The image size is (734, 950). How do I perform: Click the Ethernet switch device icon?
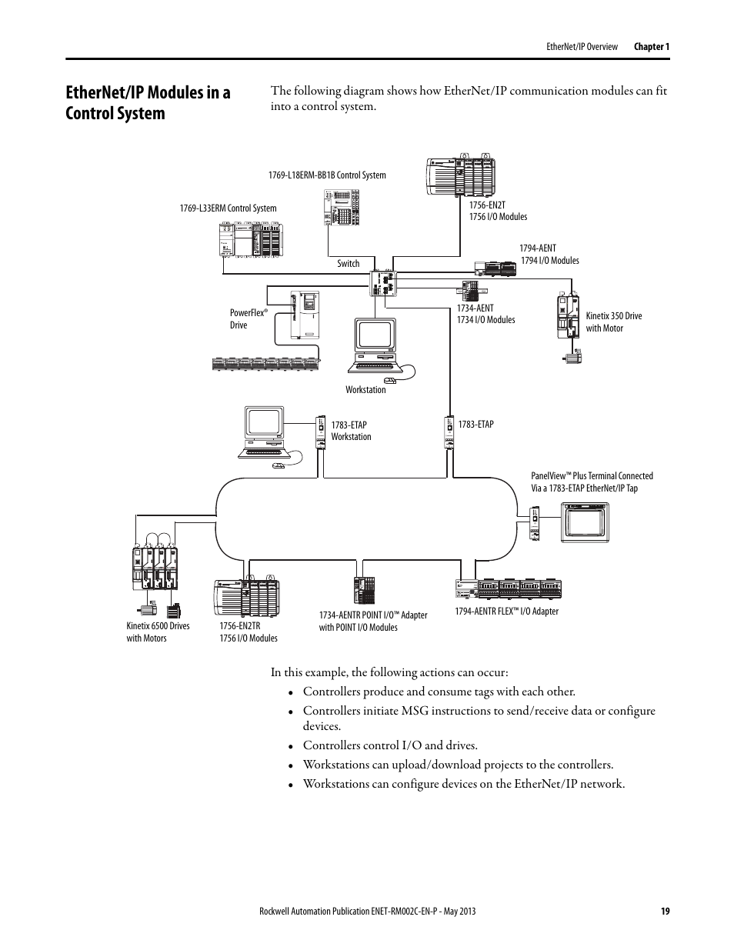(x=383, y=282)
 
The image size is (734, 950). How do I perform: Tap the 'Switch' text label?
(x=349, y=264)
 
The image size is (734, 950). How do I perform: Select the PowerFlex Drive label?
(x=248, y=319)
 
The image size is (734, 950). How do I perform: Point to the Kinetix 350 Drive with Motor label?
(x=613, y=322)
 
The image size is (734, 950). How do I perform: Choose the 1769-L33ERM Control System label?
(x=228, y=208)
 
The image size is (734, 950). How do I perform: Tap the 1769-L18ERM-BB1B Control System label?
(x=327, y=175)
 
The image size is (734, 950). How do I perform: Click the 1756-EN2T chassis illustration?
(x=460, y=178)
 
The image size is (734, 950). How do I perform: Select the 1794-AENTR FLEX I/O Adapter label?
(x=506, y=612)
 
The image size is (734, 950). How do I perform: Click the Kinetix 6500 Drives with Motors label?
(x=158, y=632)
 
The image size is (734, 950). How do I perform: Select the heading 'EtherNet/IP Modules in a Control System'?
(x=148, y=103)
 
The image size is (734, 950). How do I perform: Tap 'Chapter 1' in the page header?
(x=652, y=47)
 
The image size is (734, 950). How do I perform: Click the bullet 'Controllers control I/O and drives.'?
(x=390, y=745)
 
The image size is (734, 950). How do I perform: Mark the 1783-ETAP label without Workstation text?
(x=475, y=425)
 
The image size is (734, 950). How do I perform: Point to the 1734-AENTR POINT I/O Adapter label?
(x=373, y=621)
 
